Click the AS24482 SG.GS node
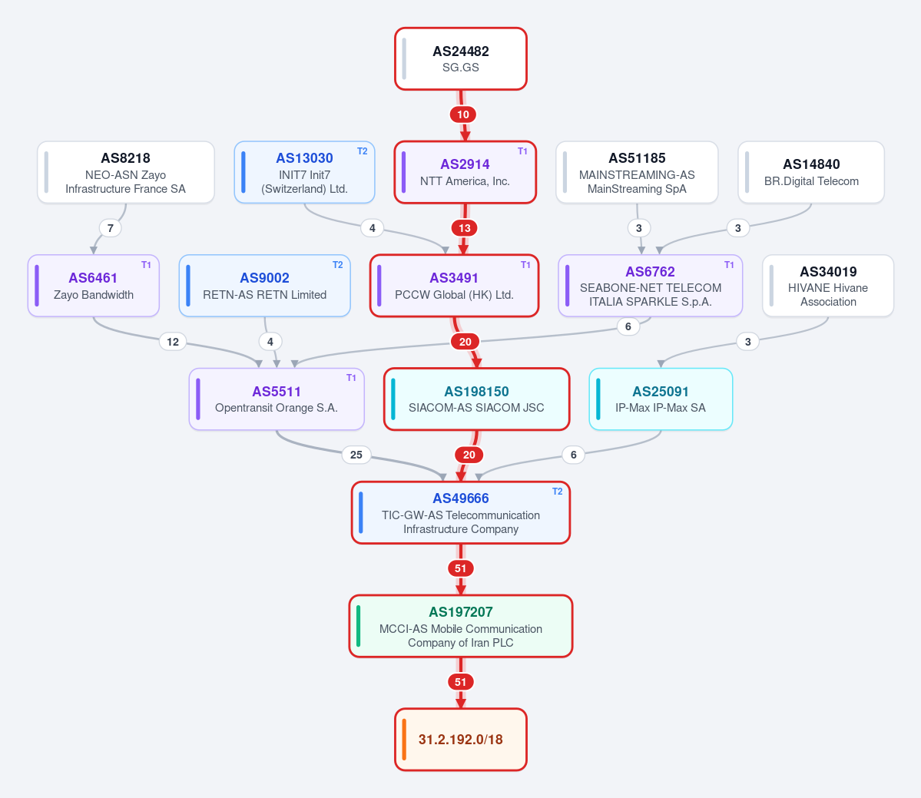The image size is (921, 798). tap(461, 58)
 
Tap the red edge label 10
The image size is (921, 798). tap(463, 114)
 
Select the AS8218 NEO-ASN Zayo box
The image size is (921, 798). tap(126, 172)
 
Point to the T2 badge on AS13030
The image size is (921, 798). tap(363, 151)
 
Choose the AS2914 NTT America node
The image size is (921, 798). tap(465, 172)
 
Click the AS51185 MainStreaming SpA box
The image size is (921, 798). tap(637, 172)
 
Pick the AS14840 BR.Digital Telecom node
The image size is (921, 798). tap(811, 172)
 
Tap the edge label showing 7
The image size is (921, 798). tap(111, 228)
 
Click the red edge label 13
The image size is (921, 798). tap(465, 228)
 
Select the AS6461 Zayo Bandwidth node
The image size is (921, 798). tap(94, 286)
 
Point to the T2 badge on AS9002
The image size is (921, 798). tap(338, 265)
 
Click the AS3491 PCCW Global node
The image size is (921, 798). tap(455, 286)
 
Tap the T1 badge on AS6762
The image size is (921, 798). tap(729, 265)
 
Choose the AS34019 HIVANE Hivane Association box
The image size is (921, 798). tap(828, 286)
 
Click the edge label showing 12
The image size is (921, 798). tap(173, 342)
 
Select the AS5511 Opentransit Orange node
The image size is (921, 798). tap(277, 399)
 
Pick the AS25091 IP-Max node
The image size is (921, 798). tap(661, 399)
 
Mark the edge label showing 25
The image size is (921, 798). tap(356, 455)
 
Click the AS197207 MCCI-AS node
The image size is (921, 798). tap(461, 626)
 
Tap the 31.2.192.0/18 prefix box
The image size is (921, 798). tap(461, 740)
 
